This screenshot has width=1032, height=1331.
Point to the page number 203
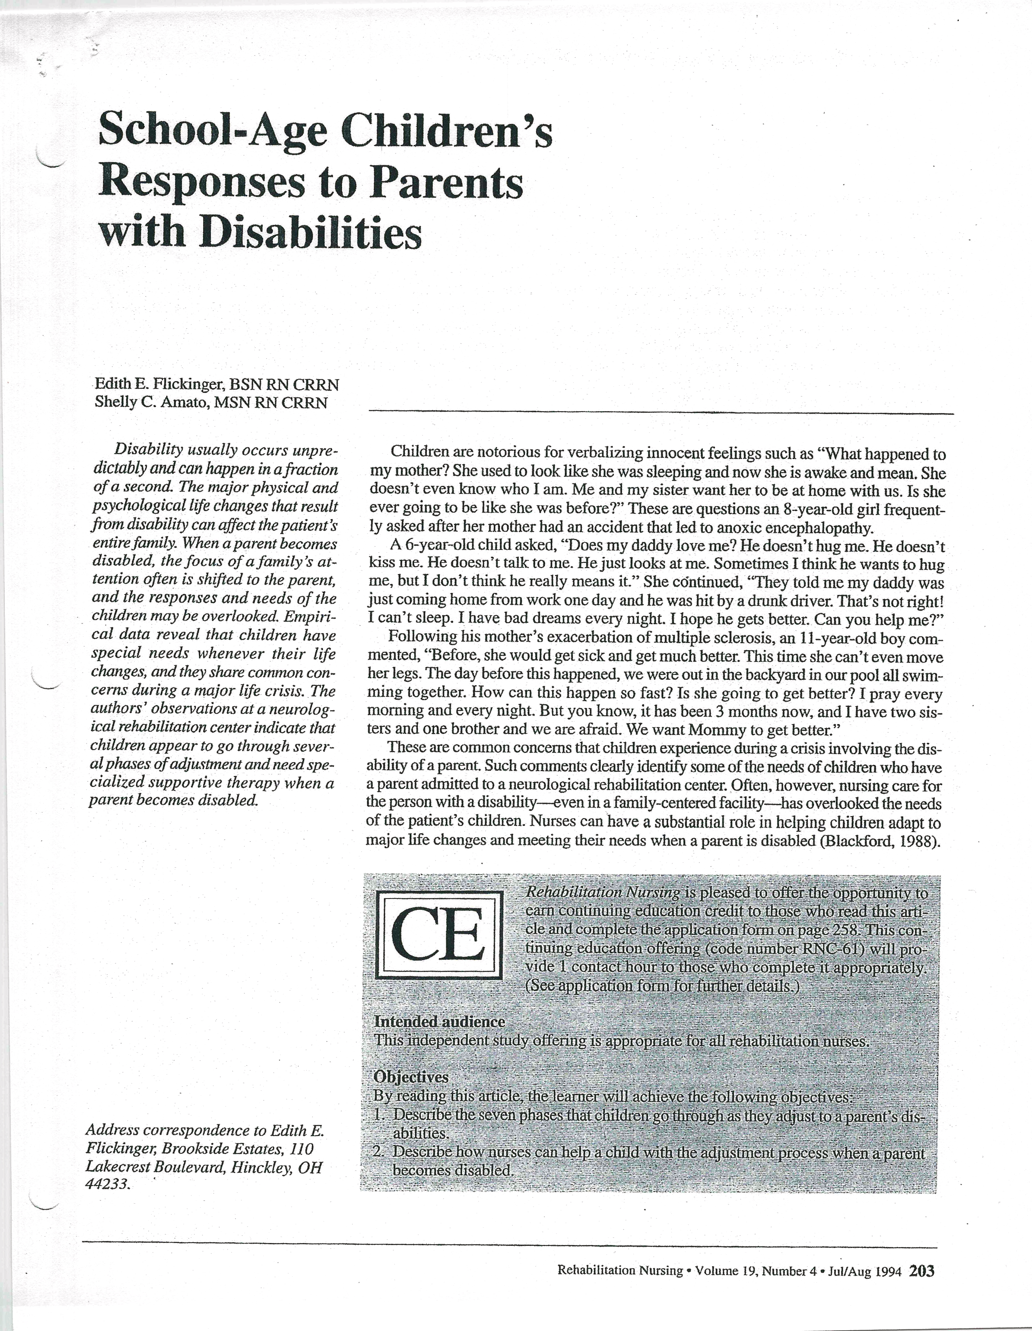click(921, 1271)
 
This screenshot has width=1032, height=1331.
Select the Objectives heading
click(411, 1077)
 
